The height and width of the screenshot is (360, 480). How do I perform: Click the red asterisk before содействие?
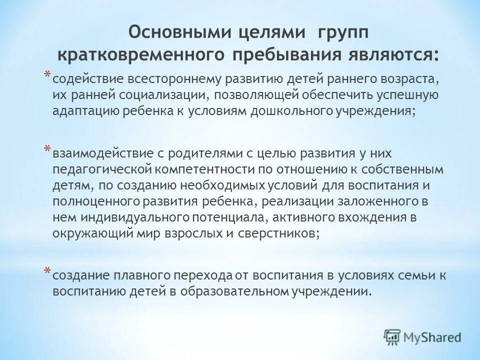46,74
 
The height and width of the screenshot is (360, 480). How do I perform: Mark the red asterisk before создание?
46,270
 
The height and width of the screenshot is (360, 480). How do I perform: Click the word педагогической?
103,169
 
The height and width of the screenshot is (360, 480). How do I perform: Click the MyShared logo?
422,336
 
